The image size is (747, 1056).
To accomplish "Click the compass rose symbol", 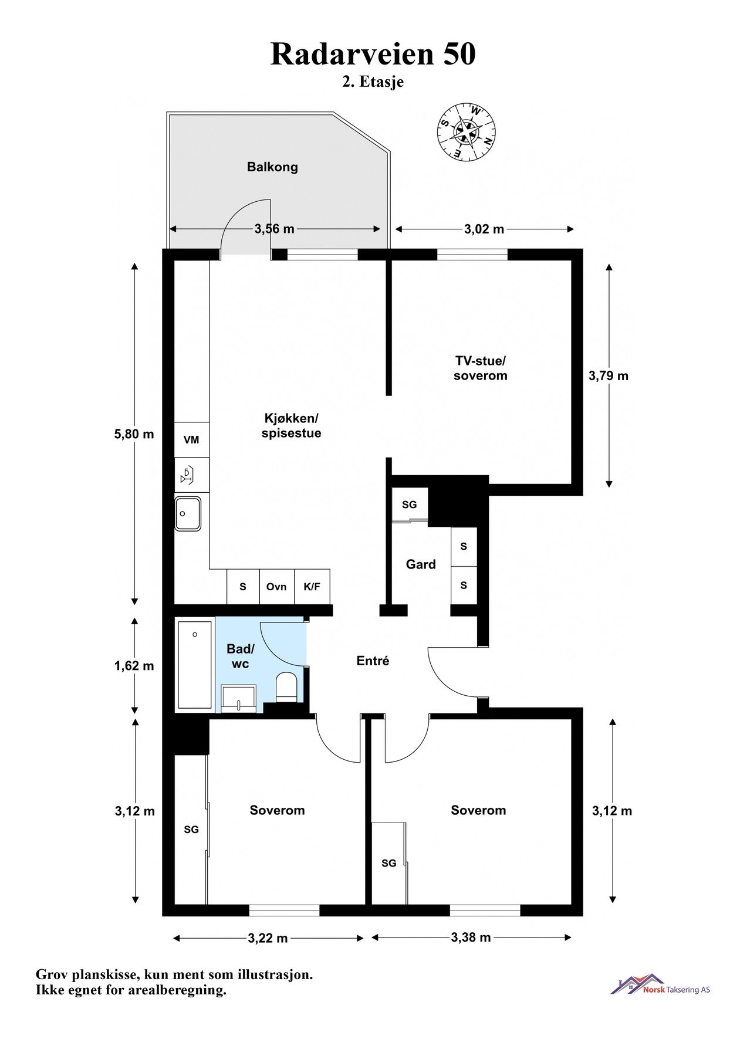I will [x=467, y=131].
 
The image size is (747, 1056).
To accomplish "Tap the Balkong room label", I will [x=272, y=167].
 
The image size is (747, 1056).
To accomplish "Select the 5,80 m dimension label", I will [x=134, y=434].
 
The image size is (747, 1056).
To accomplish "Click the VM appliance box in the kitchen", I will [x=191, y=440].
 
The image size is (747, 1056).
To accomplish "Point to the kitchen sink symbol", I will [x=188, y=514].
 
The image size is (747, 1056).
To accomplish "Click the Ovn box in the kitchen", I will [x=276, y=587].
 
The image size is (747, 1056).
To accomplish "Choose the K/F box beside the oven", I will [x=312, y=587].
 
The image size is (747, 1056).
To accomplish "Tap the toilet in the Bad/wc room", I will [x=287, y=686].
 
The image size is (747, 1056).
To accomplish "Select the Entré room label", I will [x=373, y=661].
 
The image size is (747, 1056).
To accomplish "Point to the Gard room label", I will [x=421, y=564].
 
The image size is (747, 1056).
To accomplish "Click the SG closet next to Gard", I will [x=409, y=505].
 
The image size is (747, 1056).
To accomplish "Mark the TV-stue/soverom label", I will [x=480, y=368].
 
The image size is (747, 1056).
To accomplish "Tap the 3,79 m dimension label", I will [x=609, y=375].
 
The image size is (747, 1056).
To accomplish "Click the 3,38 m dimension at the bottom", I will [x=471, y=937].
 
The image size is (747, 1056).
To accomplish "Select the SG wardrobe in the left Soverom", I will [x=191, y=830].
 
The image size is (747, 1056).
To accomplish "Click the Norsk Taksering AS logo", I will [x=660, y=984].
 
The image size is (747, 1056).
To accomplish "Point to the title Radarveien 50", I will [x=373, y=54].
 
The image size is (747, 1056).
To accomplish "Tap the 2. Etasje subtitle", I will [x=373, y=82].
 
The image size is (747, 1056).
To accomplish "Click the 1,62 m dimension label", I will [x=134, y=666].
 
